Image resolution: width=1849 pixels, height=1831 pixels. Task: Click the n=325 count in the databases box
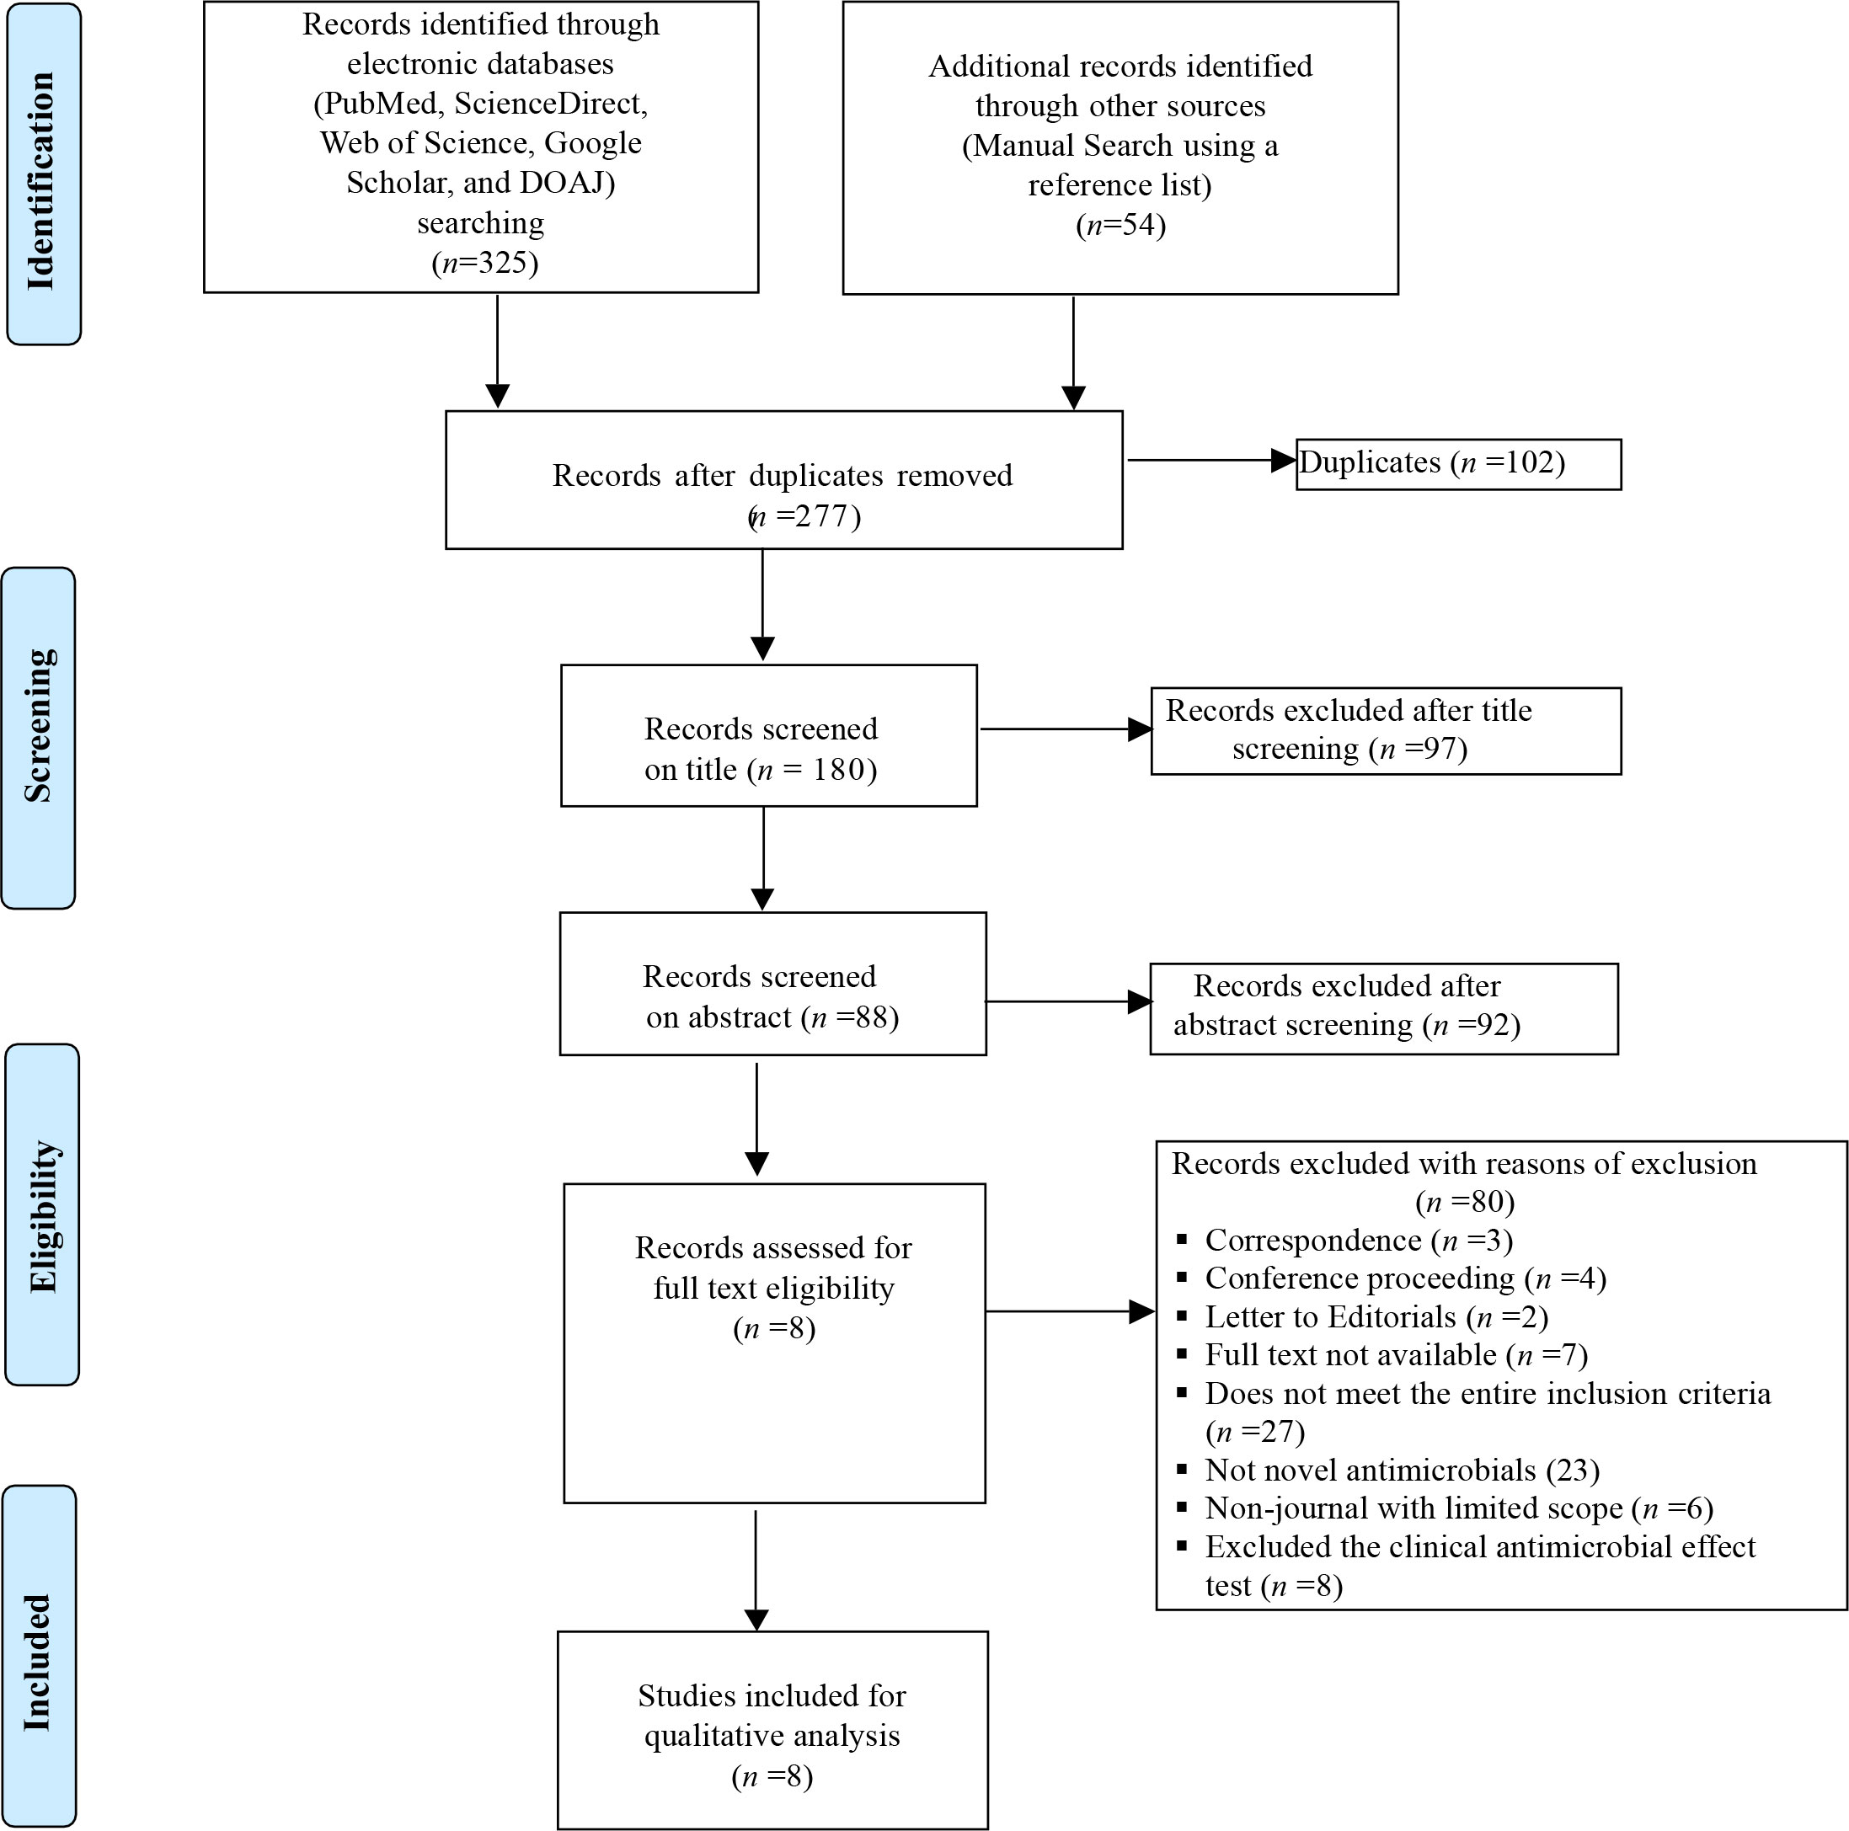tap(485, 263)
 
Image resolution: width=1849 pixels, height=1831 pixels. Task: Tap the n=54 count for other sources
tap(1120, 226)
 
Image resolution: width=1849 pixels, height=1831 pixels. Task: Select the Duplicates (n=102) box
tap(1458, 465)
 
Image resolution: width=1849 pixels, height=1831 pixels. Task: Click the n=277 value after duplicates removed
tap(804, 516)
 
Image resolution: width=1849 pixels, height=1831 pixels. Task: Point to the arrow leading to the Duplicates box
tap(1211, 460)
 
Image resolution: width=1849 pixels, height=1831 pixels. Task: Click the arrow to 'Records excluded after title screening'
tap(1066, 730)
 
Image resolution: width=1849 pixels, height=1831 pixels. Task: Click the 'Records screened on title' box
tap(768, 735)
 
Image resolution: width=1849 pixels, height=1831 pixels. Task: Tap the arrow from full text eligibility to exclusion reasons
tap(1070, 1311)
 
